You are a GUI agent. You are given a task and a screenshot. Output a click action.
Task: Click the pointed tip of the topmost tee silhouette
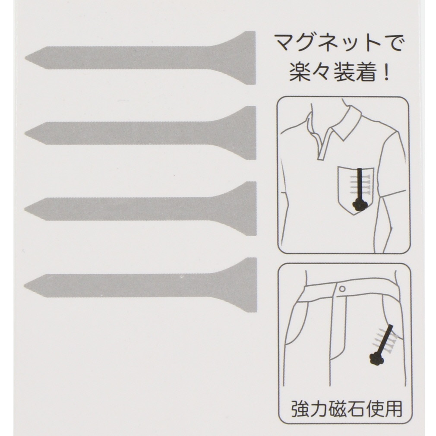coord(25,58)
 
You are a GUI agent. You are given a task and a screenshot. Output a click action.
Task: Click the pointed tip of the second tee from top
coord(25,133)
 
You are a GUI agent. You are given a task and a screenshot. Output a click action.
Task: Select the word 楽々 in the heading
coord(310,73)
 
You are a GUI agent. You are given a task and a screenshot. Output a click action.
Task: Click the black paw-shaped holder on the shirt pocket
coord(360,205)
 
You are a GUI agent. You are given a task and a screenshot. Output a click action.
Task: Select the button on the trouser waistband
coord(343,289)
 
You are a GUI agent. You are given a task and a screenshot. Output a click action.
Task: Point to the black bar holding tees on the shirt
coord(360,185)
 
